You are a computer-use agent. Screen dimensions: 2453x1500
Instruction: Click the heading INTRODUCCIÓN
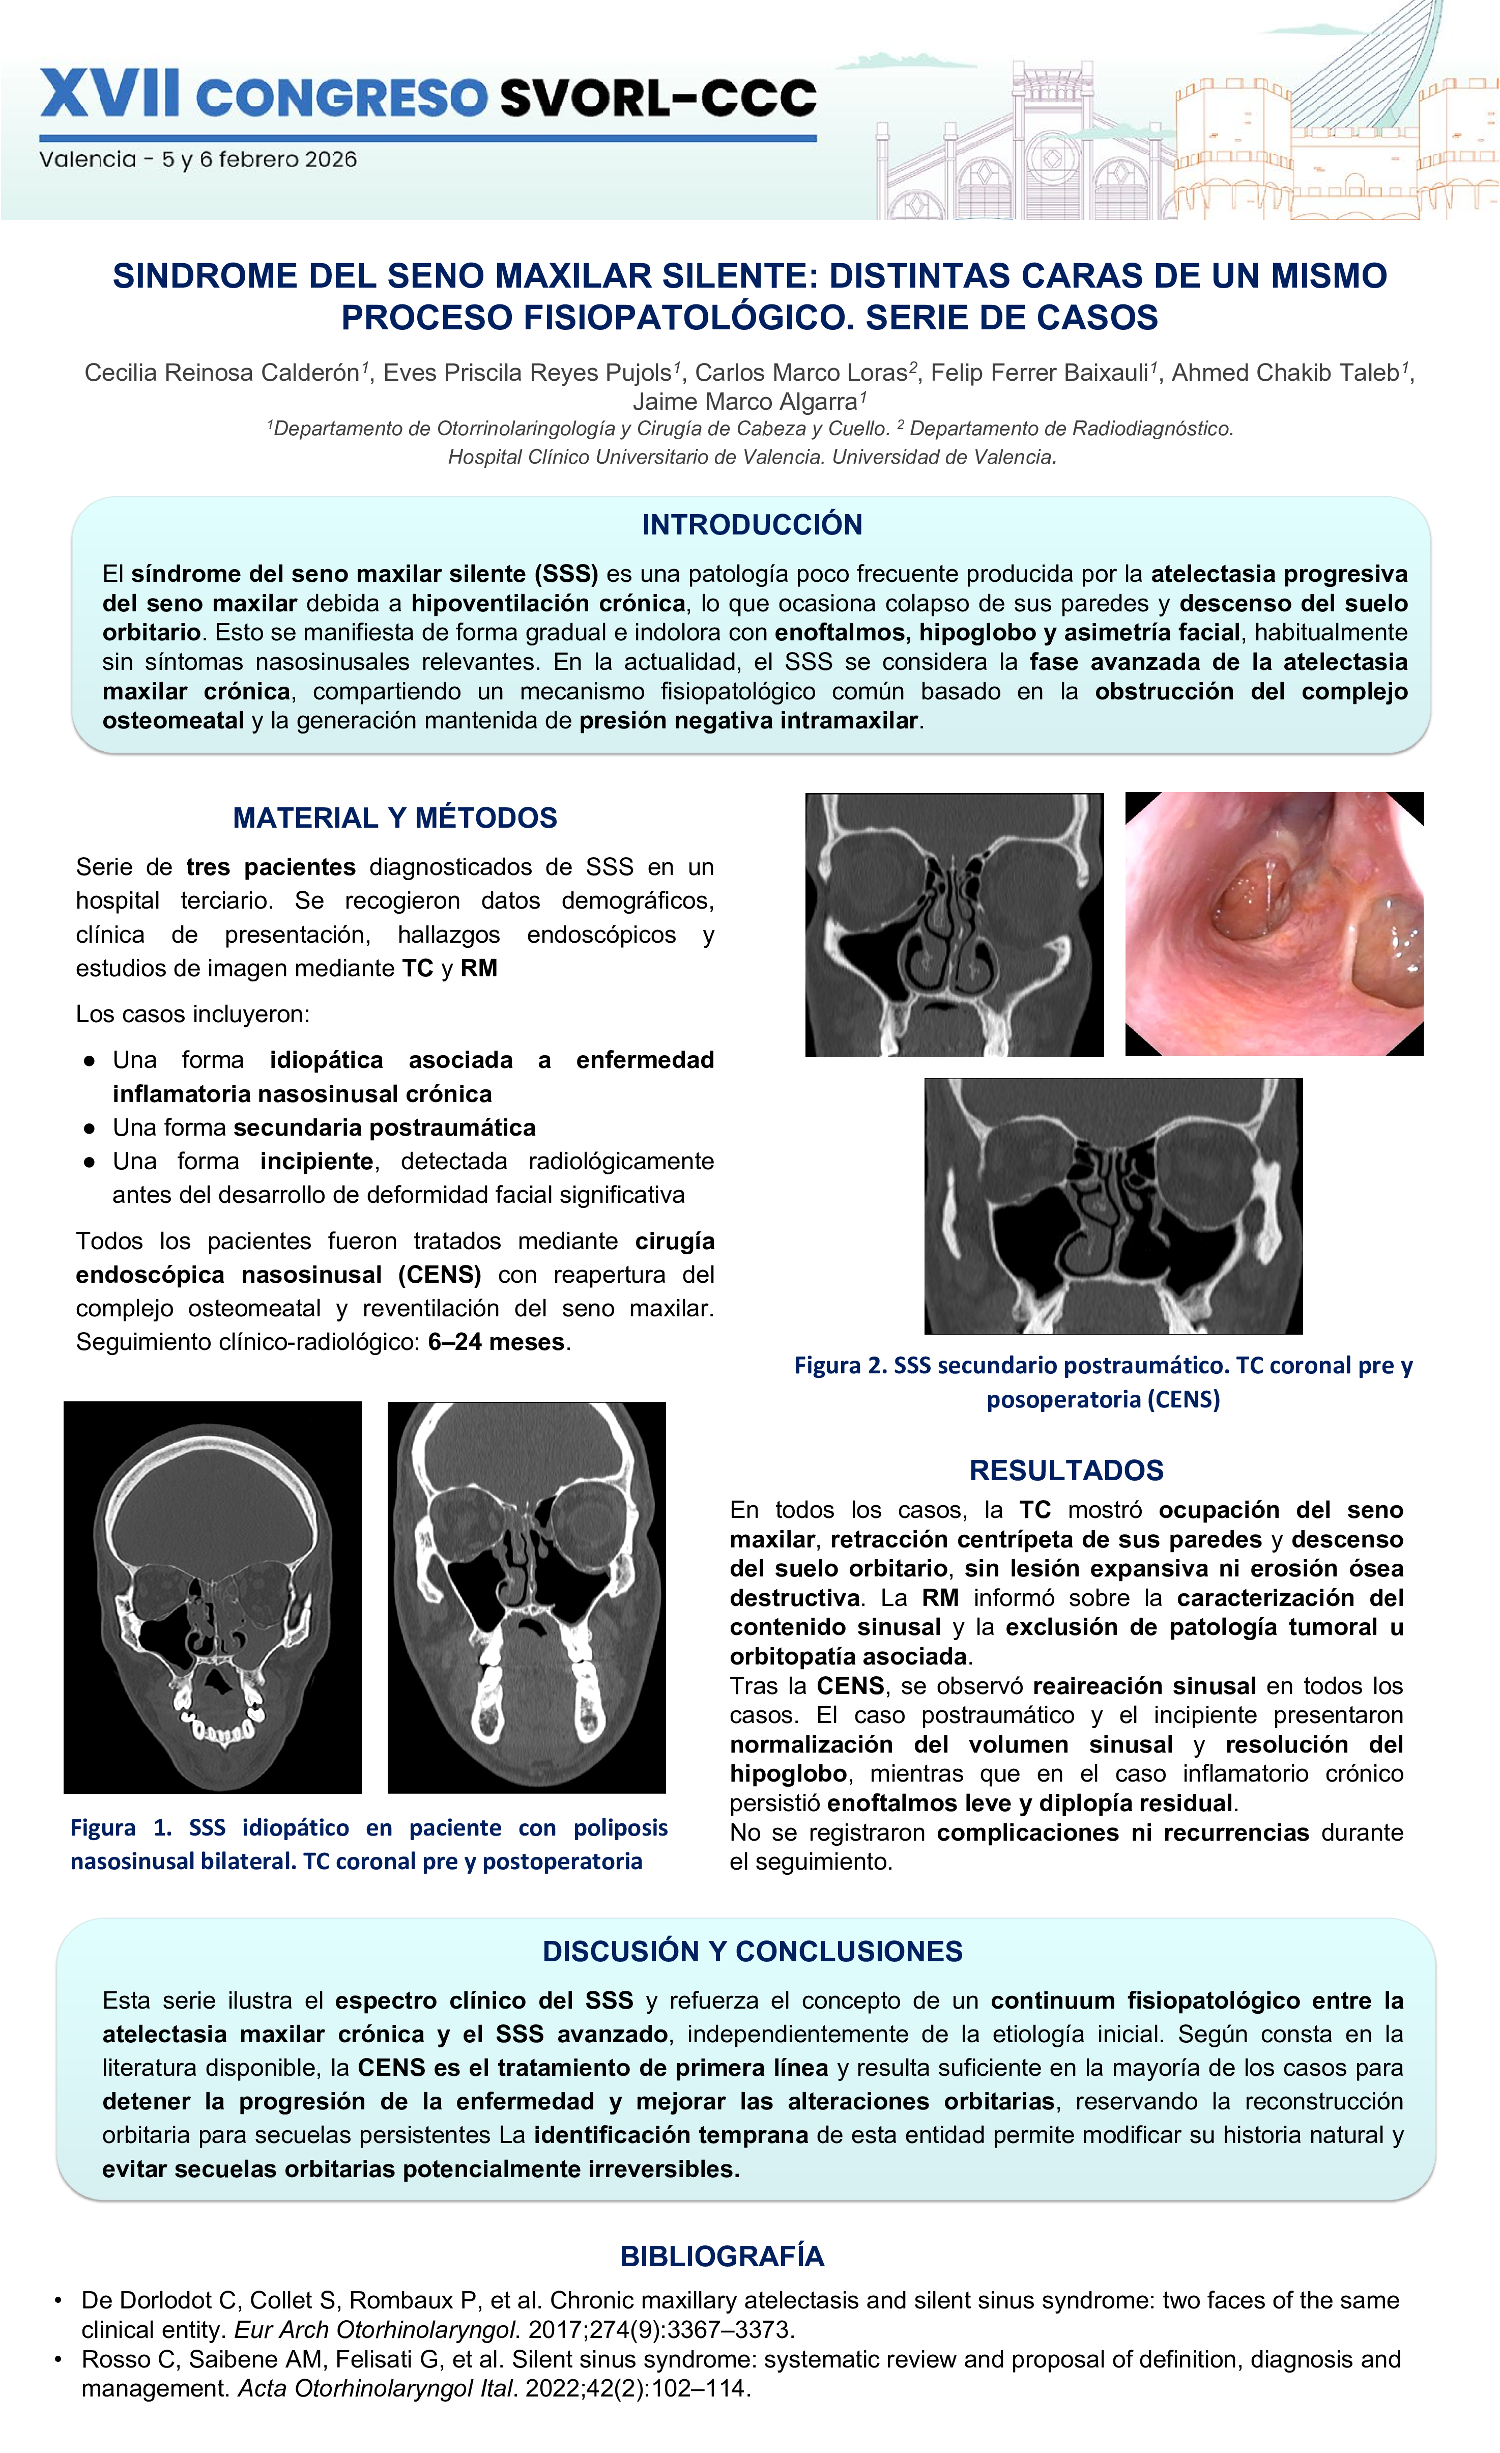(752, 525)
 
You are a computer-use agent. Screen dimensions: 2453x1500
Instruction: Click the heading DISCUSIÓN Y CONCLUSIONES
(752, 1951)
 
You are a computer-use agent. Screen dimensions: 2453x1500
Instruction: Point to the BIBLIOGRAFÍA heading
(722, 2256)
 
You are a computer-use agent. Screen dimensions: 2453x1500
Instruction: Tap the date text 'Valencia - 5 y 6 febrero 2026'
(198, 159)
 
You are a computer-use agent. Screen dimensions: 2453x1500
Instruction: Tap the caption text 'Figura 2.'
(840, 1365)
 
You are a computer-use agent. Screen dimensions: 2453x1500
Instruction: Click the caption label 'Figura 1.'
(121, 1828)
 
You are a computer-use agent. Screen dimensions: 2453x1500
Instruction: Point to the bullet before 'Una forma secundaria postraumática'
(90, 1128)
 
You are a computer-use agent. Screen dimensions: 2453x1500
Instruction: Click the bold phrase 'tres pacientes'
(271, 867)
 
